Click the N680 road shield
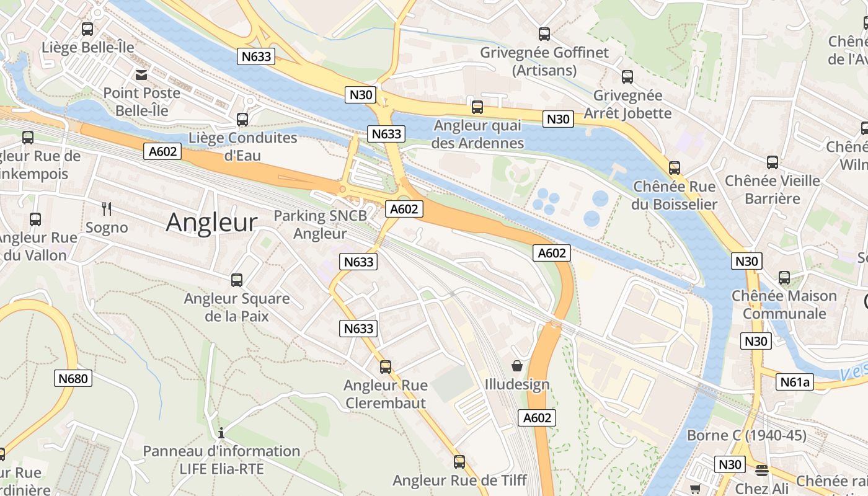(x=73, y=378)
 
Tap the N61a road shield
(x=794, y=383)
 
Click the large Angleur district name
(x=211, y=223)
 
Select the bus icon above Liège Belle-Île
(x=87, y=29)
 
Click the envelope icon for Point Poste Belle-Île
(x=141, y=75)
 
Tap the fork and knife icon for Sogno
(x=107, y=209)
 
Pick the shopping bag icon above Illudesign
(x=517, y=366)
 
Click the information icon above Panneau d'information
(x=221, y=433)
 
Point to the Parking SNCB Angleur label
(x=320, y=224)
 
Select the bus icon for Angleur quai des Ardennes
(x=477, y=107)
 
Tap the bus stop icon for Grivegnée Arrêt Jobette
(x=627, y=77)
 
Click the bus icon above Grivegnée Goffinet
(x=544, y=34)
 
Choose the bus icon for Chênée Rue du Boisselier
(x=675, y=168)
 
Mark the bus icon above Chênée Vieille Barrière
(x=773, y=162)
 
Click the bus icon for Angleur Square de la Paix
(x=237, y=280)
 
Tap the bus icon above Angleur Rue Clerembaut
(x=386, y=367)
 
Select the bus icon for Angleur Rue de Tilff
(x=459, y=462)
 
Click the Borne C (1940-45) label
(x=746, y=435)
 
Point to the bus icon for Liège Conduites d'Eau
(x=242, y=119)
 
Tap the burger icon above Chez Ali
(x=762, y=471)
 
